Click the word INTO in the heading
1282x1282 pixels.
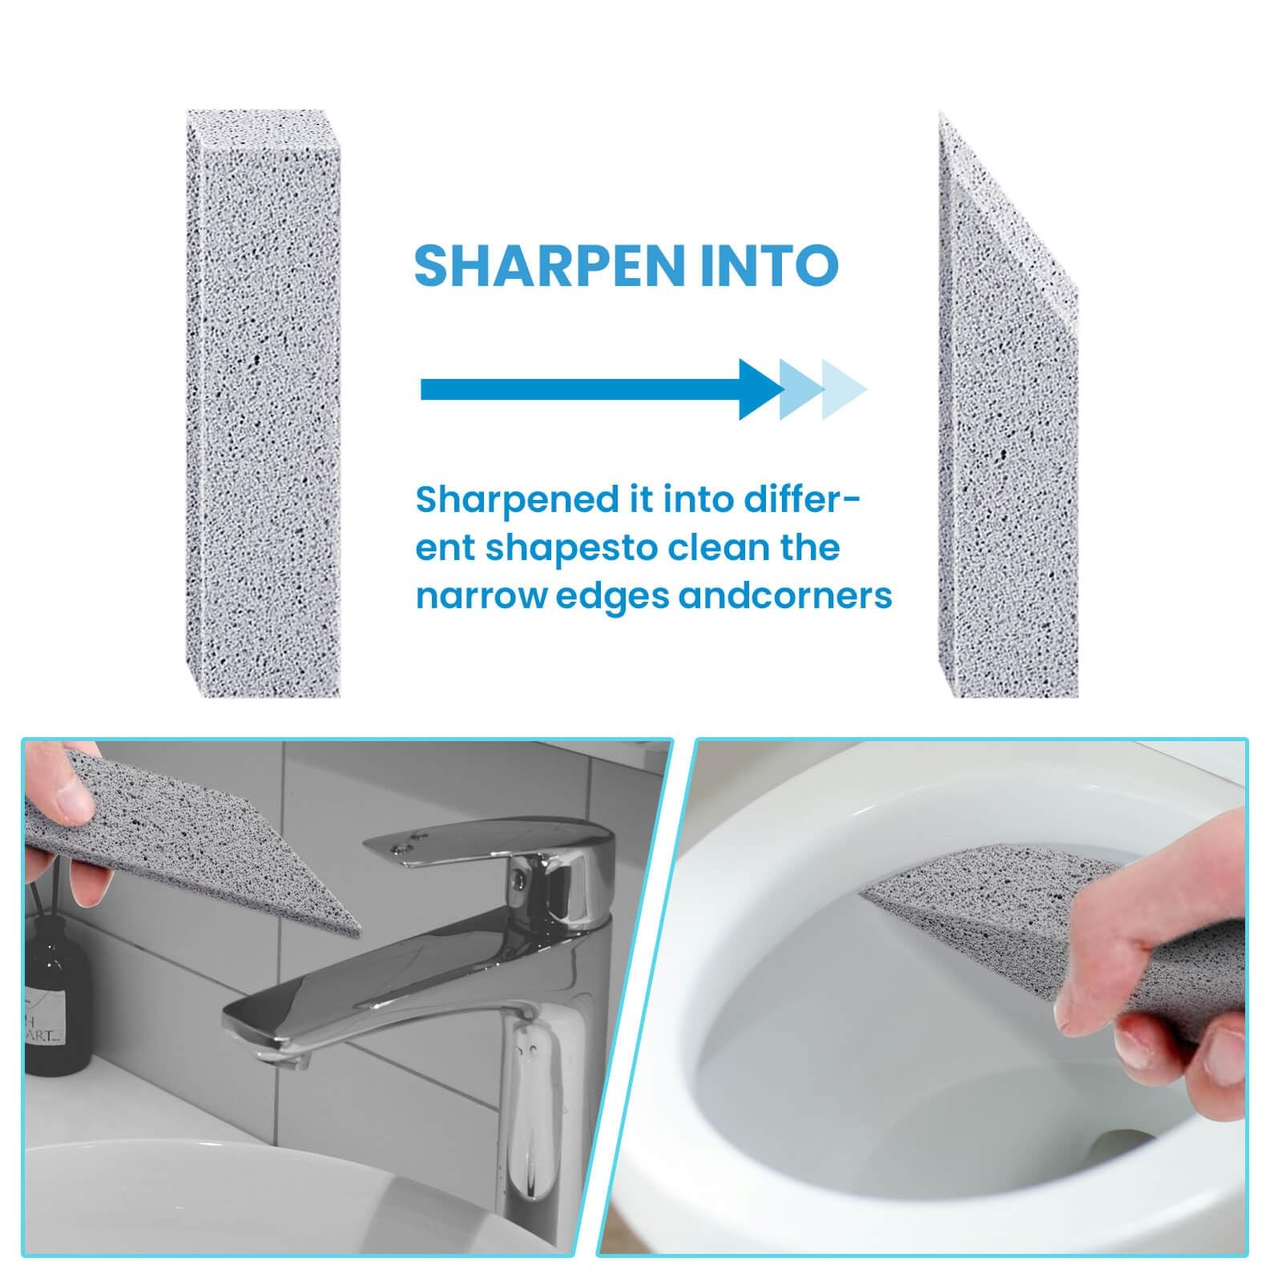(x=770, y=265)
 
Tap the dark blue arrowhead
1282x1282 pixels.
(x=760, y=390)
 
